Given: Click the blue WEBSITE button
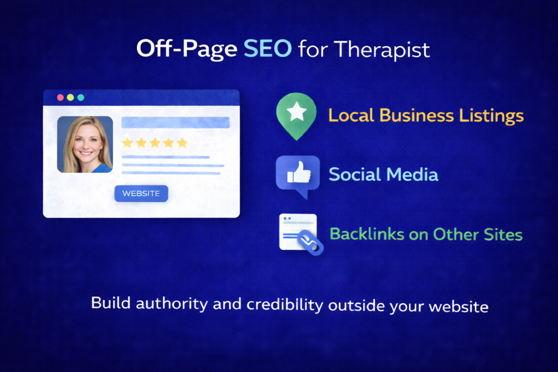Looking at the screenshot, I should click(x=141, y=193).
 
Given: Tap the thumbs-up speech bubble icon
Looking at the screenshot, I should click(x=298, y=174).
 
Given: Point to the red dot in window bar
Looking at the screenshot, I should click(x=60, y=97).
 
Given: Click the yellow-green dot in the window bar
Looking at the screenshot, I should click(x=70, y=97).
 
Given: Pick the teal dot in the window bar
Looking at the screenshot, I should click(x=81, y=97).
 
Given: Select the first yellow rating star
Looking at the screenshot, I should click(x=127, y=143).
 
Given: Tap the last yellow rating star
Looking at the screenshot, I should click(x=182, y=143).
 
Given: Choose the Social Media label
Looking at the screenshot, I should click(x=383, y=174).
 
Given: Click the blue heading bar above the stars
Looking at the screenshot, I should click(x=175, y=123).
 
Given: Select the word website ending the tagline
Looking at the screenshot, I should click(x=458, y=306).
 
